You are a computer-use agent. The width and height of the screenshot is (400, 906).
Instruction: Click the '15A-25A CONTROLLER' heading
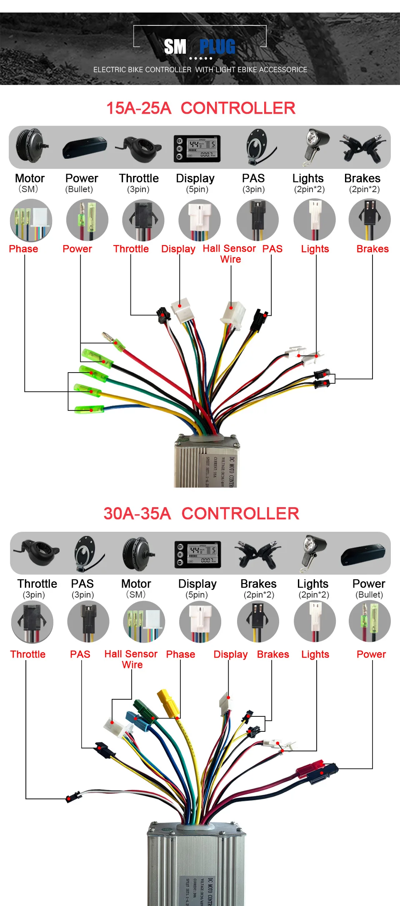pos(200,108)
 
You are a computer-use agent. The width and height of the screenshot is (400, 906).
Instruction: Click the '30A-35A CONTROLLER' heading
pos(201,513)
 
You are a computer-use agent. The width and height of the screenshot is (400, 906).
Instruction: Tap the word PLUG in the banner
pos(217,47)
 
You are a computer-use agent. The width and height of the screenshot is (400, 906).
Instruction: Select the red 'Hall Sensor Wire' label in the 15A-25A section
pos(230,254)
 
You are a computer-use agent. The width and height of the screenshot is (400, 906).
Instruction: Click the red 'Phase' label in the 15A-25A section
pos(23,249)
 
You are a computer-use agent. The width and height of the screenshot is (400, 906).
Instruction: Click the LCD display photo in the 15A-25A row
pos(197,148)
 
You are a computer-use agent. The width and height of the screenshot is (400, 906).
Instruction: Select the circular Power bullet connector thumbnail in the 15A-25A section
pos(87,220)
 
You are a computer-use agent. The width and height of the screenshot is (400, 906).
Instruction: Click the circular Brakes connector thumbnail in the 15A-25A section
pos(370,220)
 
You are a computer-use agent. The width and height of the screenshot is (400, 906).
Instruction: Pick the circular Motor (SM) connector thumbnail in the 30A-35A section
pos(144,622)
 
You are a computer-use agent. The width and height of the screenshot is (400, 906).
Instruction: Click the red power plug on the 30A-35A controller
pos(310,768)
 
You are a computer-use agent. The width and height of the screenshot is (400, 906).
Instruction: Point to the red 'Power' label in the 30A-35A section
pos(371,654)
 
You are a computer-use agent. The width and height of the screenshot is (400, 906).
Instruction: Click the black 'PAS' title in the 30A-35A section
pos(82,583)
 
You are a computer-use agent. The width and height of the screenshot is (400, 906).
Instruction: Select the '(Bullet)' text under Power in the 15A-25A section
pos(79,189)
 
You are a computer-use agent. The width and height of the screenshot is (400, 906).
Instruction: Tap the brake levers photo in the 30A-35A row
pos(259,553)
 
